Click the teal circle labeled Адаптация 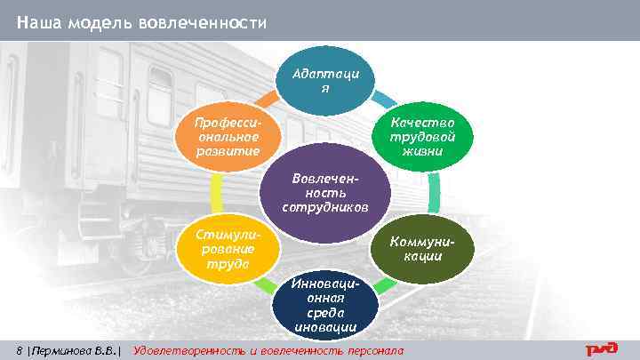(x=324, y=84)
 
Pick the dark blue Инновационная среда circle (x=325, y=304)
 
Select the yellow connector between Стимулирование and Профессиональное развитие (x=216, y=193)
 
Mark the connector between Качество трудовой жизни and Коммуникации (x=434, y=194)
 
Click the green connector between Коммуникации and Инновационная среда (x=382, y=286)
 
